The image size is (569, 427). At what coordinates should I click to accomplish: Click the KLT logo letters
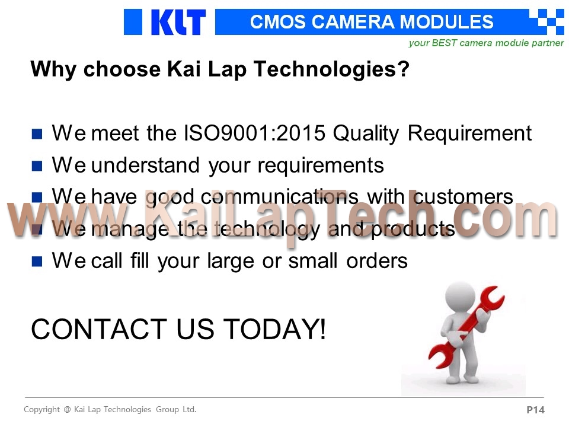click(178, 22)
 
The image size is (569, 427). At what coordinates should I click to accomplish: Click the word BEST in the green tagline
click(444, 43)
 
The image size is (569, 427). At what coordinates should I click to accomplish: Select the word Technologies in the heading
click(332, 69)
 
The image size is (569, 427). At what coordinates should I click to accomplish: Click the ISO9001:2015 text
click(254, 133)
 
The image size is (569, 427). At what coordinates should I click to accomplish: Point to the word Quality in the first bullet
click(366, 133)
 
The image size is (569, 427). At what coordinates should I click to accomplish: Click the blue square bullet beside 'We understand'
click(37, 165)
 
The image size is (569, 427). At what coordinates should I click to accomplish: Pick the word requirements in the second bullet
click(321, 165)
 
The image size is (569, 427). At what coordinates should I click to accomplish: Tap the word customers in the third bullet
click(463, 197)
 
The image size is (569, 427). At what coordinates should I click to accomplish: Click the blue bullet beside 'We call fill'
click(37, 262)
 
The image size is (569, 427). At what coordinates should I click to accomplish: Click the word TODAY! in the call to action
click(274, 329)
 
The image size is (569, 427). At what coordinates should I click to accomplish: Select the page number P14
click(536, 410)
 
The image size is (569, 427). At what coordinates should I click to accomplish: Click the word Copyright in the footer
click(41, 410)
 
